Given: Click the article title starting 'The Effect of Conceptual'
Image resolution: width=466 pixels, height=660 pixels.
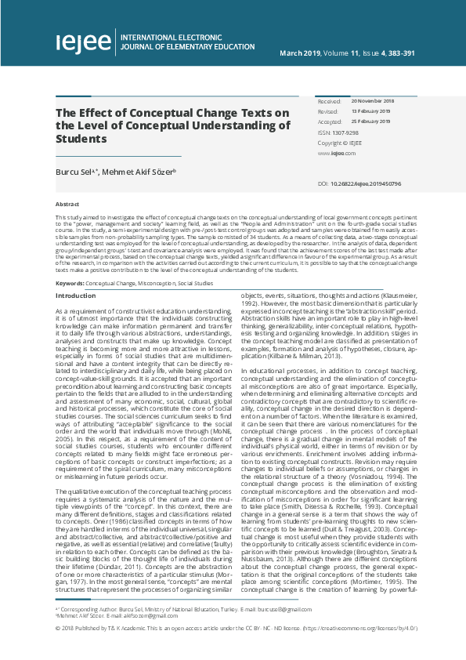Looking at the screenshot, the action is tap(172, 125).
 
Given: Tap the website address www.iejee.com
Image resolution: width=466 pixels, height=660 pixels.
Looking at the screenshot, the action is tap(332, 154).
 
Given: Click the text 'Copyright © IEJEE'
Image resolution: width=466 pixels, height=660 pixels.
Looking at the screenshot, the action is tap(340, 143).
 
